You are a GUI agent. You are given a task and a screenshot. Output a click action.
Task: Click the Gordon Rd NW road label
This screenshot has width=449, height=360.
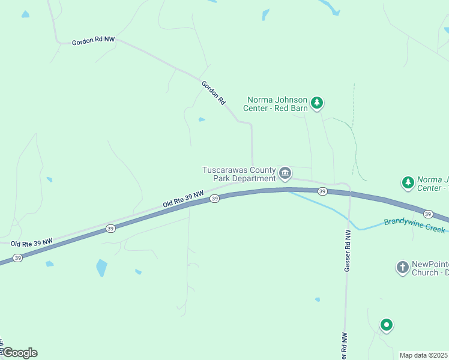coord(93,41)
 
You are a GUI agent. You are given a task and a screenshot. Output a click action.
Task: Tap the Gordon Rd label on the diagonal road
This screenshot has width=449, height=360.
coord(213,94)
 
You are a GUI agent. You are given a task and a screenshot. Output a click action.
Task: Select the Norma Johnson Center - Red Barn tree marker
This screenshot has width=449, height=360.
coord(317,103)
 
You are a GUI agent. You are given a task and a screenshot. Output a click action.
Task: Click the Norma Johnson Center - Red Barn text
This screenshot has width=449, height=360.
coord(276,104)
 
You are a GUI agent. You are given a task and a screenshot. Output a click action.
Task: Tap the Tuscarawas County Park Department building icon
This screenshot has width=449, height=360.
coord(285,174)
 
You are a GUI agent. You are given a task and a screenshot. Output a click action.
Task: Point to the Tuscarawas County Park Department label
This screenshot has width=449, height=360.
coord(239,174)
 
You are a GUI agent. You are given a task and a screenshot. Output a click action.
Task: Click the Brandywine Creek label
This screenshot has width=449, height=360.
coord(414,225)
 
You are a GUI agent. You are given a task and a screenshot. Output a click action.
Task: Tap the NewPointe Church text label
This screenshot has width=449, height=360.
coord(430,268)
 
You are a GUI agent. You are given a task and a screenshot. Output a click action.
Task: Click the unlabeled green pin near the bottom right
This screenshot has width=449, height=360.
coord(387,325)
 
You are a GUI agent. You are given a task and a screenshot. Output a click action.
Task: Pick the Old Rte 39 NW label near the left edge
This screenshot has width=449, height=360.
coord(31,242)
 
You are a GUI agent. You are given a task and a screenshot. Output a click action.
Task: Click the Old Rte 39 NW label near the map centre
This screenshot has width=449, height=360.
coord(183,200)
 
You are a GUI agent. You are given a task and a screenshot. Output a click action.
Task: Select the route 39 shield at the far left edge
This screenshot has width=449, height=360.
coord(17,258)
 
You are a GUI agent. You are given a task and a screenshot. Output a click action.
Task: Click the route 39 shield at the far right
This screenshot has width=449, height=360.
coord(427,214)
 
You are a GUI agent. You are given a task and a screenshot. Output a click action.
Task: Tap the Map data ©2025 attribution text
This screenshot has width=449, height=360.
coord(424,355)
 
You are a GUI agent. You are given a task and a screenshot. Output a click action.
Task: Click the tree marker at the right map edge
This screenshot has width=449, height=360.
coord(408,182)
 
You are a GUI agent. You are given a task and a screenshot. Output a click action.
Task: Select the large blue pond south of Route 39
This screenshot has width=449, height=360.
coord(101,268)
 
